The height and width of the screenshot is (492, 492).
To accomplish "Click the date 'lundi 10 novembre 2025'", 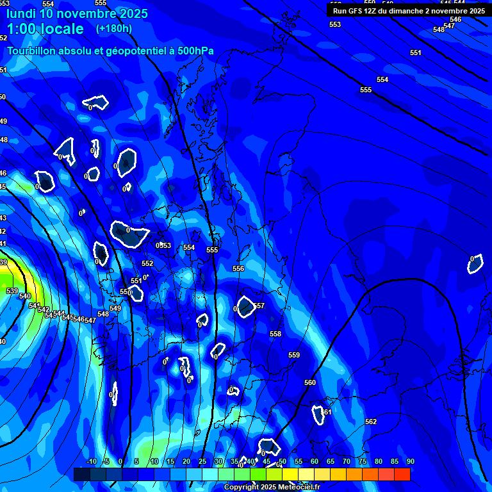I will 77,13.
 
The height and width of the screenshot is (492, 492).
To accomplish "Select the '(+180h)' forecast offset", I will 114,29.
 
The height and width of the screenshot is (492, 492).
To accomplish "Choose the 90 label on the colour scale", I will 410,462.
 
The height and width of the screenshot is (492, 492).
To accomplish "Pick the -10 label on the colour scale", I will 91,462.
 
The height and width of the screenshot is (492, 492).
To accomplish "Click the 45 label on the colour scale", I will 266,462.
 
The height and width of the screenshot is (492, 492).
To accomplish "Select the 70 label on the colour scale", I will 347,462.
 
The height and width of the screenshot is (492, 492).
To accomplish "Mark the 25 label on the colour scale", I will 202,462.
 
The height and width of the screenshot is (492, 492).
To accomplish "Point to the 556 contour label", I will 238,269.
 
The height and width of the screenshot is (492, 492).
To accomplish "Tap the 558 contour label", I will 275,334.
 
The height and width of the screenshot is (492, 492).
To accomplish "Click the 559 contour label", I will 294,356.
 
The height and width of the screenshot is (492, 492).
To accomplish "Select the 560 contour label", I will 310,383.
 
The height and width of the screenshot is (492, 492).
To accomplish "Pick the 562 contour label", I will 371,422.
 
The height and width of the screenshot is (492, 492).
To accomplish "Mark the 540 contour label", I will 25,296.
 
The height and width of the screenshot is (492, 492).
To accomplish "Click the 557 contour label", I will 259,306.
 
